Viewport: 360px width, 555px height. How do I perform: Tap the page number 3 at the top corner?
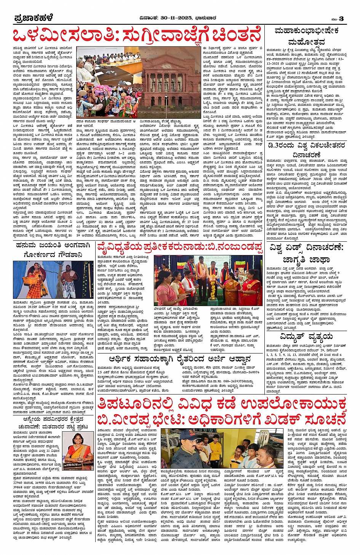[341, 19]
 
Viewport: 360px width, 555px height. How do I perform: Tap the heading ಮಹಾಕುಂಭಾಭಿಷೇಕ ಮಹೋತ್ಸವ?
[306, 36]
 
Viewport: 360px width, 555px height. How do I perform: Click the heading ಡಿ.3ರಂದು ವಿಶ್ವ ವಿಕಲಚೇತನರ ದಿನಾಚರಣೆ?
[306, 150]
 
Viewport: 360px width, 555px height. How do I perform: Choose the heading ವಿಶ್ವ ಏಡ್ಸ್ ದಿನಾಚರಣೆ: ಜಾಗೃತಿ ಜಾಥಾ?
[306, 253]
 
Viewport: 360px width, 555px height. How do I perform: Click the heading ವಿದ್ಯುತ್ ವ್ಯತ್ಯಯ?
[306, 337]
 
